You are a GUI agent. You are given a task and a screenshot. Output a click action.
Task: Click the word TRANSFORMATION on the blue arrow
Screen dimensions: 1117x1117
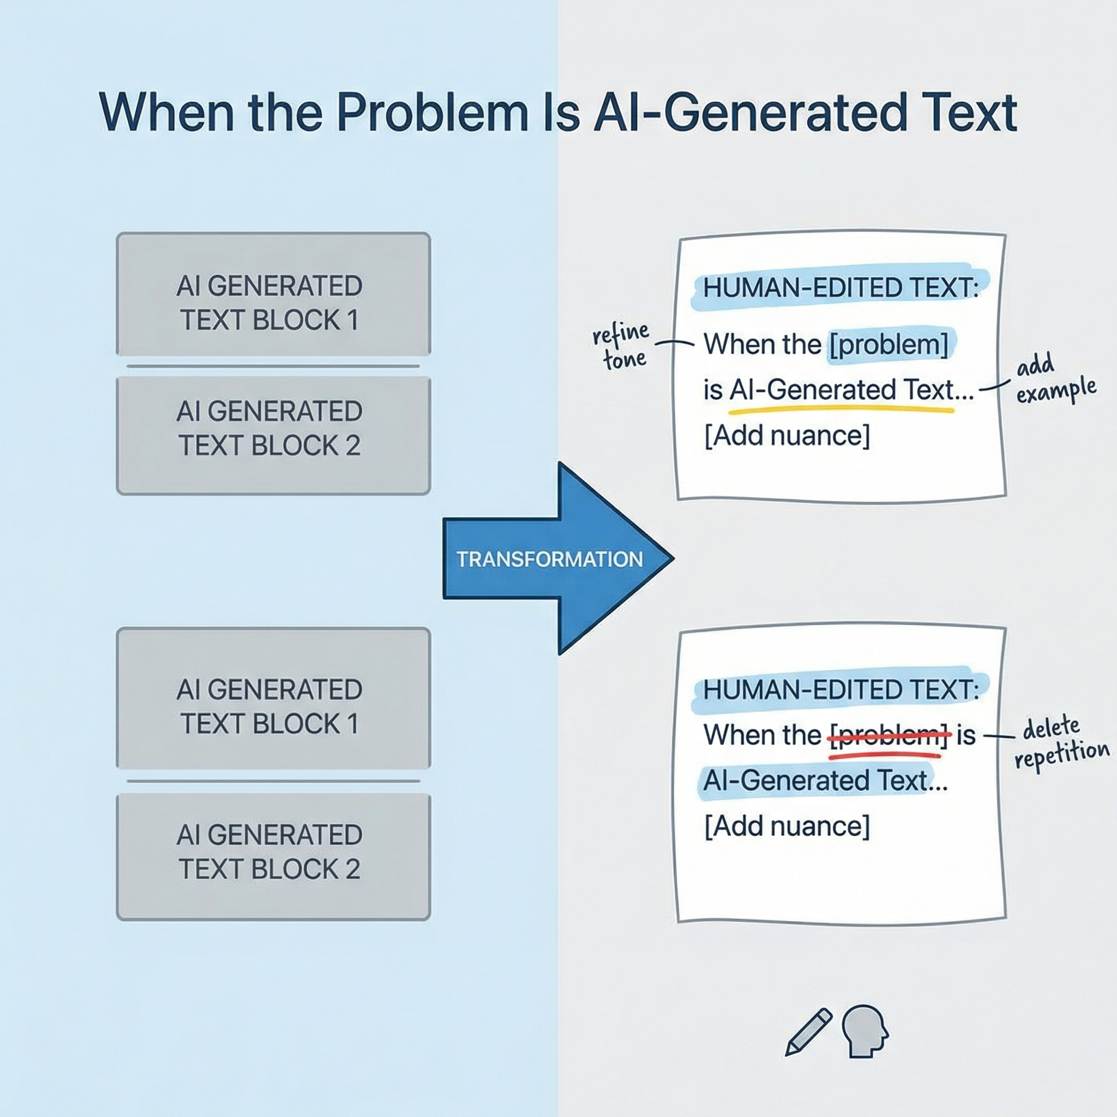click(x=549, y=559)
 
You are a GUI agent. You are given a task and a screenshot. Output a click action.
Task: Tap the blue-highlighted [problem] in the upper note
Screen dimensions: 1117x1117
click(x=889, y=345)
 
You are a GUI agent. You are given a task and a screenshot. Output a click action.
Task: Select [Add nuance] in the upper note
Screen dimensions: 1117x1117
click(x=787, y=436)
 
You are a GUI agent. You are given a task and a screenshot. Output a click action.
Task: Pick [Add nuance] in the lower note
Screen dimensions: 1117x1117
click(x=787, y=826)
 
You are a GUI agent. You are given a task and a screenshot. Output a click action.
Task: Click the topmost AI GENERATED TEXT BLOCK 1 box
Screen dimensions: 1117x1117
click(x=273, y=294)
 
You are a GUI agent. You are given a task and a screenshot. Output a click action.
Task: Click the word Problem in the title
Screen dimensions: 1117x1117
click(x=433, y=113)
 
